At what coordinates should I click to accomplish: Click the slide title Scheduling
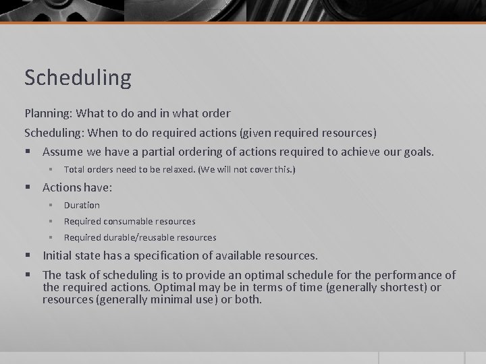click(78, 78)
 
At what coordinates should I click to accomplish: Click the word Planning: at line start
click(50, 113)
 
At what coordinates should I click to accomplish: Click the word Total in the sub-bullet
click(74, 170)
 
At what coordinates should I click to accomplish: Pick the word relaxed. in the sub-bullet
click(176, 170)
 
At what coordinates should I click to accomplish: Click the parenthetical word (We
click(206, 170)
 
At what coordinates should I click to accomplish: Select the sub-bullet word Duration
click(82, 205)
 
